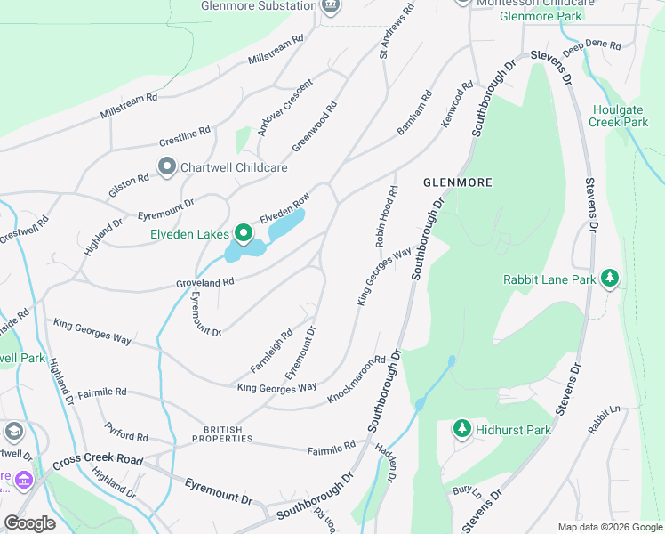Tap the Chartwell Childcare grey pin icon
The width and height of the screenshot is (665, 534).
(166, 166)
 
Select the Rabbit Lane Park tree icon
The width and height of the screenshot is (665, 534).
(610, 279)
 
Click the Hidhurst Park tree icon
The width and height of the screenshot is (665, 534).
(461, 430)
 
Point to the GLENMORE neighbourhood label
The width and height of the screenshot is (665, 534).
(457, 182)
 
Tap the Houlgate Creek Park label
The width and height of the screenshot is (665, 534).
(619, 116)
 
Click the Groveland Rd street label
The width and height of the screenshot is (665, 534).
(204, 282)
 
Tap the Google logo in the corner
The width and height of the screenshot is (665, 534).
(29, 523)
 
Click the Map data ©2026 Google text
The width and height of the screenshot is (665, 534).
(609, 527)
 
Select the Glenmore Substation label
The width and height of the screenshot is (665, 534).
(260, 5)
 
